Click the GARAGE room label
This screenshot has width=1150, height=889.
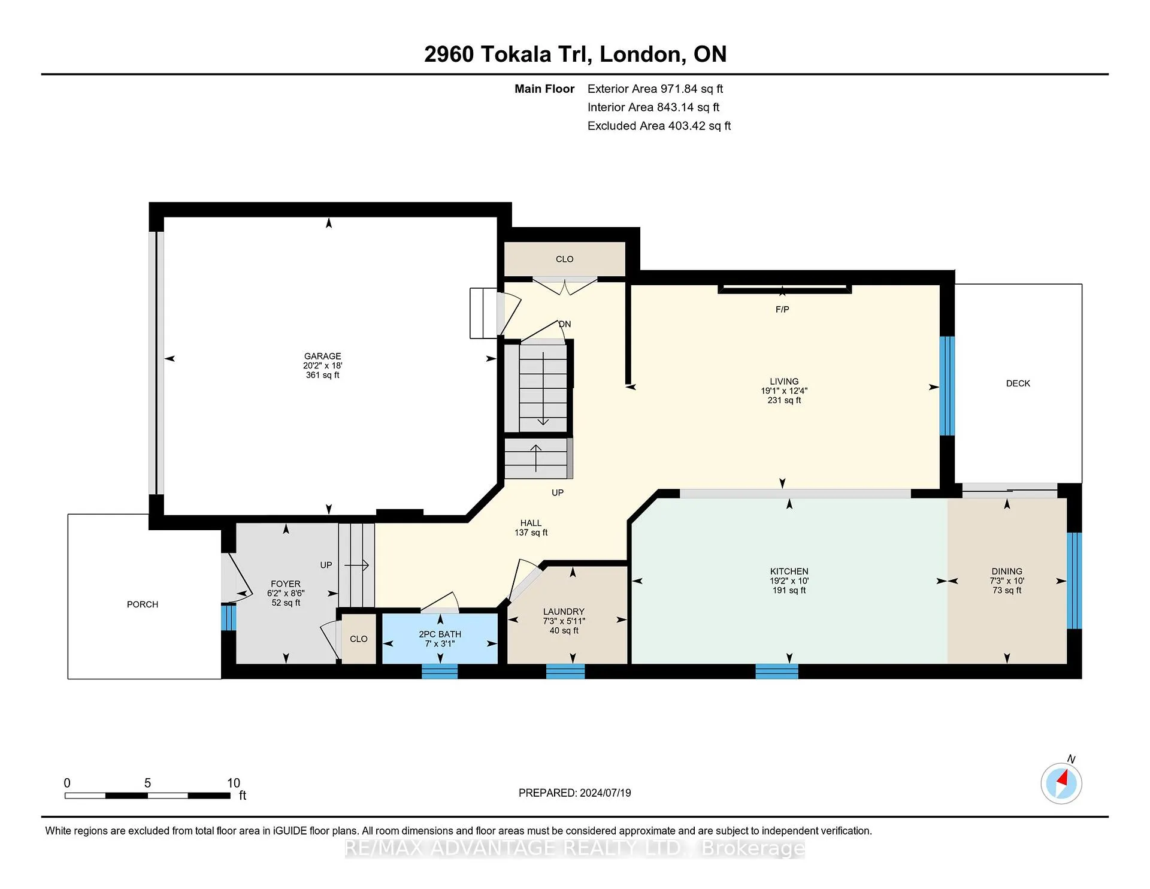[x=322, y=356]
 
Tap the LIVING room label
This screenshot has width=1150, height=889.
[x=784, y=381]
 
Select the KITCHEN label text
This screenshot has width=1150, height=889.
[x=789, y=571]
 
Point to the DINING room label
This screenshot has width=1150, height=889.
[x=1007, y=571]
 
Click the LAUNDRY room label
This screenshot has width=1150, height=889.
[x=564, y=612]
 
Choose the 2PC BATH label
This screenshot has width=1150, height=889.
[x=440, y=634]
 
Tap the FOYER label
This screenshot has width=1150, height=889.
[x=286, y=583]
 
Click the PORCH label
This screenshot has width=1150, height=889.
[x=143, y=604]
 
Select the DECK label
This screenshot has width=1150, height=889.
[x=1018, y=383]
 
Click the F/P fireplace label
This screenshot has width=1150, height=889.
[x=782, y=309]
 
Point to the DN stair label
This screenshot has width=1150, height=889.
[x=565, y=324]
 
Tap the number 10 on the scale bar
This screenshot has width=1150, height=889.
[x=234, y=783]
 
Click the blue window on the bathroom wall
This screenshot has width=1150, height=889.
[x=440, y=671]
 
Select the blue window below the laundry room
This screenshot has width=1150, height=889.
[x=565, y=671]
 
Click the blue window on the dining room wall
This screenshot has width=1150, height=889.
[x=1075, y=580]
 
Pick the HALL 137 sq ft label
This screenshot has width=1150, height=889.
[x=531, y=528]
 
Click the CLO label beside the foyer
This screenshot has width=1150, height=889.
[x=359, y=639]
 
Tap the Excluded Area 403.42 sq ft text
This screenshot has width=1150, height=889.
[x=659, y=126]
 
